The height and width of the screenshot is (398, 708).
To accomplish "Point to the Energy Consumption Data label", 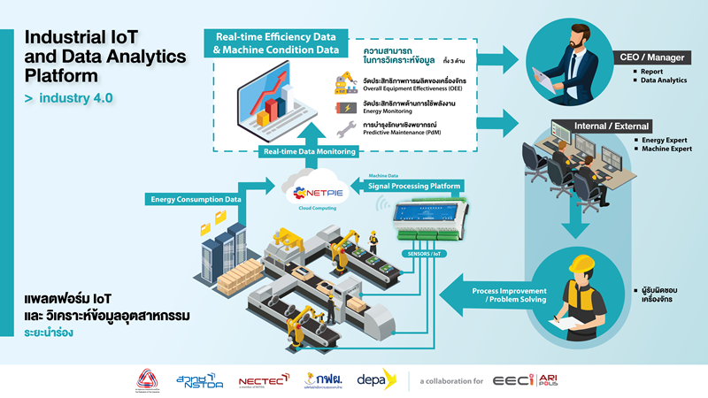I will [x=196, y=199].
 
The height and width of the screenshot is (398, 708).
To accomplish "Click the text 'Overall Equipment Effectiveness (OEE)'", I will [x=399, y=88].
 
